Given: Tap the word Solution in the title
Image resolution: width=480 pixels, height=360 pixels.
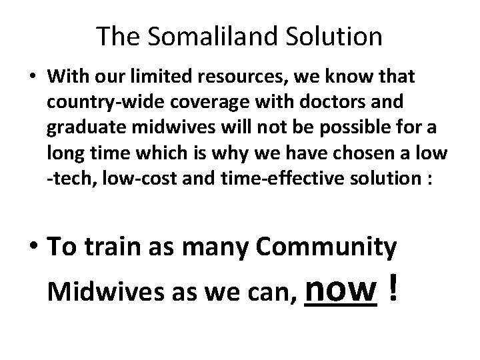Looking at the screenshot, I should click(x=331, y=37).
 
